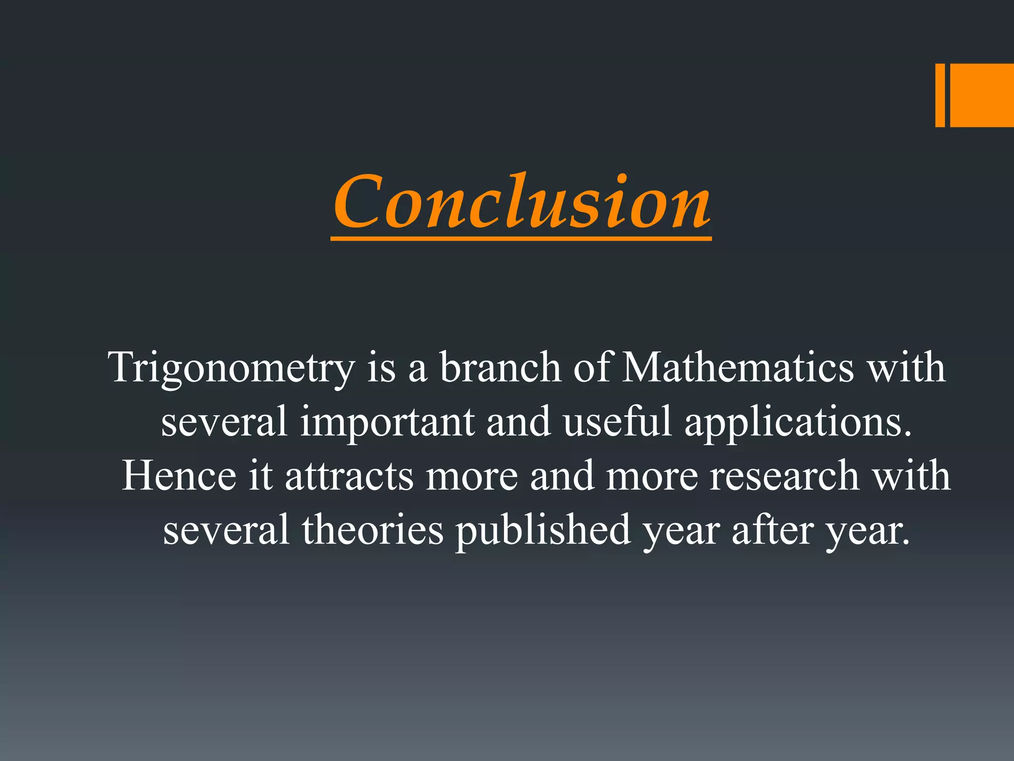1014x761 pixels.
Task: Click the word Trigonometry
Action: (232, 368)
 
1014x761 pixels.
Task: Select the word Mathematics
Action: (738, 368)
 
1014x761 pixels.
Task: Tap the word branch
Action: (500, 368)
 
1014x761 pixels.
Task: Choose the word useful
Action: (617, 422)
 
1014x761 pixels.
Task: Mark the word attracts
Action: (349, 476)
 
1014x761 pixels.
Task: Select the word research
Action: (784, 476)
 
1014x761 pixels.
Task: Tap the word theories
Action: (372, 530)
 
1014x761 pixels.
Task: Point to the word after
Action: (772, 530)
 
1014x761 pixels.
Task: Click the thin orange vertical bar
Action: (940, 95)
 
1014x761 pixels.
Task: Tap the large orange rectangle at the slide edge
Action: (982, 95)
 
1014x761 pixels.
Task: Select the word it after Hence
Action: (260, 476)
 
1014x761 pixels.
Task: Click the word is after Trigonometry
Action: (381, 368)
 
